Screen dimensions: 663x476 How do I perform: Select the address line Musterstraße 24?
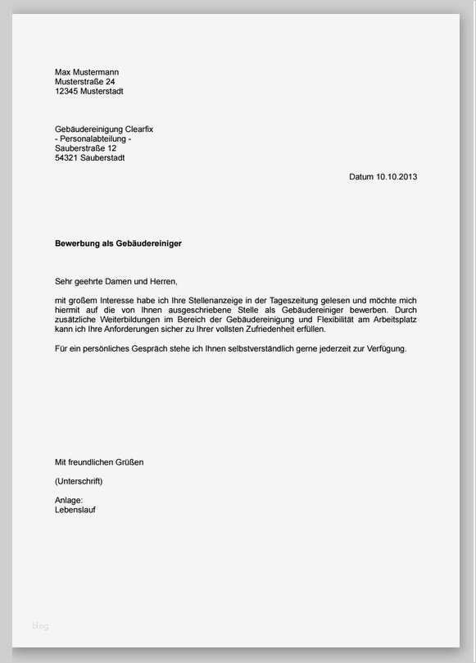tap(84, 82)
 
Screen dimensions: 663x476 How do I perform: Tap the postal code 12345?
tap(66, 92)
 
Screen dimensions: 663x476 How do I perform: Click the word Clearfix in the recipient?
tap(138, 129)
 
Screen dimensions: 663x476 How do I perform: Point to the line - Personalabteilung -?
tap(93, 139)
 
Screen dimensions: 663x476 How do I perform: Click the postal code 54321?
tap(66, 158)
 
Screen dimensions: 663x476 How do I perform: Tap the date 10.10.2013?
tap(397, 177)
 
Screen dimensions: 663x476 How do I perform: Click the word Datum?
tap(361, 177)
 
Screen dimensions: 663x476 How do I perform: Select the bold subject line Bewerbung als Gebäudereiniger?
tap(118, 243)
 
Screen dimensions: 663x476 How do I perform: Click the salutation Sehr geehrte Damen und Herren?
tap(116, 281)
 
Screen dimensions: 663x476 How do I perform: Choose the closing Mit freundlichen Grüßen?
tap(98, 462)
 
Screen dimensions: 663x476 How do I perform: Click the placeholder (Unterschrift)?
tap(79, 481)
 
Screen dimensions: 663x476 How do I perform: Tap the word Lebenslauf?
tap(75, 509)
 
